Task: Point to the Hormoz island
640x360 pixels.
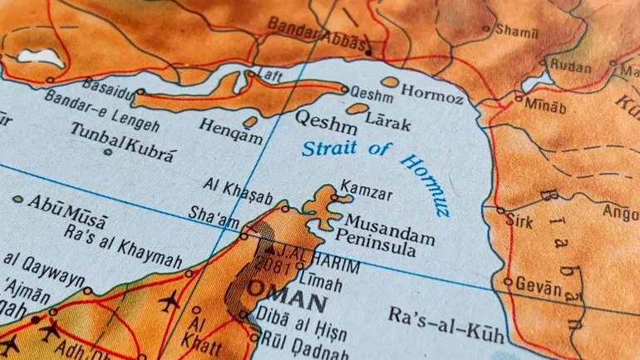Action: pyautogui.click(x=389, y=81)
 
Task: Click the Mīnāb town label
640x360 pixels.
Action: pyautogui.click(x=544, y=106)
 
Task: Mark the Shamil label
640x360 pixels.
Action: pyautogui.click(x=516, y=30)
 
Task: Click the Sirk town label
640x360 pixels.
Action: pyautogui.click(x=521, y=222)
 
